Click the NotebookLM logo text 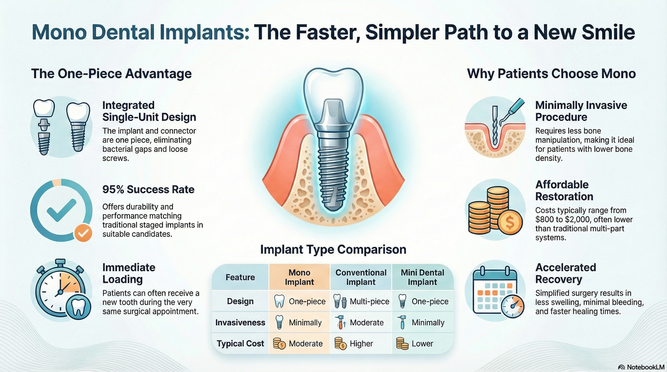(x=645, y=367)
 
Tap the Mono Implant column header (x=299, y=277)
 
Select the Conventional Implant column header (x=361, y=277)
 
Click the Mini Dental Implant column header (x=422, y=277)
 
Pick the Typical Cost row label (x=240, y=344)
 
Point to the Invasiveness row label (x=240, y=323)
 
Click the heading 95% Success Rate (x=148, y=189)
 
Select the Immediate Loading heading (x=129, y=273)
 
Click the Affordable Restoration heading (x=564, y=191)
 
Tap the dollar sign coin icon (x=510, y=222)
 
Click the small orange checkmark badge (x=83, y=233)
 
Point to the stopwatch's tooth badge (x=78, y=307)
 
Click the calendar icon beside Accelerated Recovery (x=495, y=290)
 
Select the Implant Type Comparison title (x=333, y=250)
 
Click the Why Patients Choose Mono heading (x=551, y=74)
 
